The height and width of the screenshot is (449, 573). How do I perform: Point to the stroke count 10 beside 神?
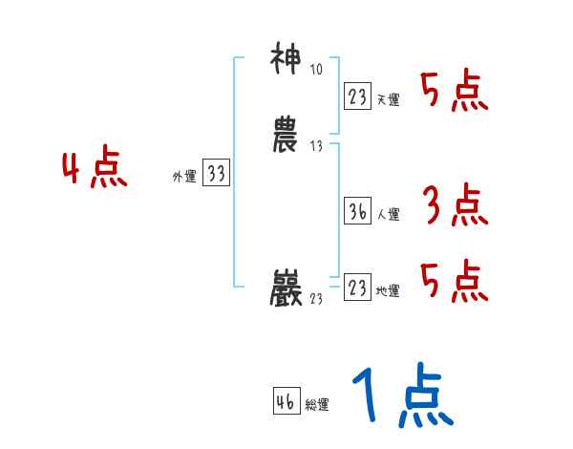(x=316, y=70)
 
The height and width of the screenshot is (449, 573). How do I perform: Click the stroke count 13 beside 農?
(x=316, y=146)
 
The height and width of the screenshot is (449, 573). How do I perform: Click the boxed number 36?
(x=357, y=210)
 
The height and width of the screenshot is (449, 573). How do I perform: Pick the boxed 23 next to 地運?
(x=357, y=287)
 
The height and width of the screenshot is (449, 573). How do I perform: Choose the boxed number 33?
(x=216, y=173)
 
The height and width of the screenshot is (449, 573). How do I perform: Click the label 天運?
(x=388, y=99)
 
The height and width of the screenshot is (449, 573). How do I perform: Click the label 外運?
(x=183, y=177)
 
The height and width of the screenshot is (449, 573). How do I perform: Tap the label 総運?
(x=317, y=405)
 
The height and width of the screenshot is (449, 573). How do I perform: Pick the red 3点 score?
(x=455, y=205)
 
